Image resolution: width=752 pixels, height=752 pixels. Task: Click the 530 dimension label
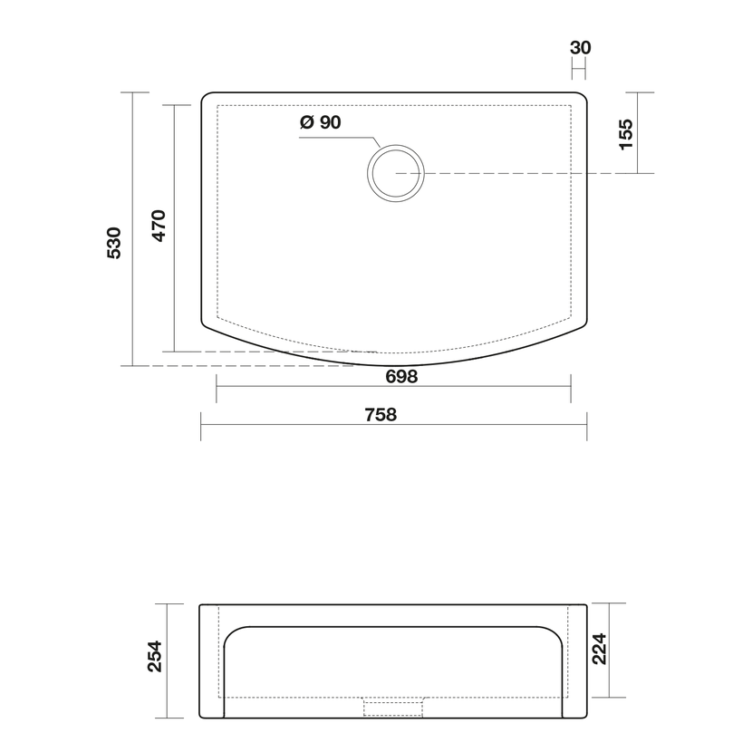pos(114,243)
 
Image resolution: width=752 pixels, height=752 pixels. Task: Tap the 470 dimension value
pos(159,226)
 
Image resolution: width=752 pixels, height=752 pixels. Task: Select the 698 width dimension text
pos(402,377)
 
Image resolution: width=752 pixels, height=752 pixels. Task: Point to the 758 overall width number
pos(381,414)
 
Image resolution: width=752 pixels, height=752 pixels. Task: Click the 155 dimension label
pos(626,134)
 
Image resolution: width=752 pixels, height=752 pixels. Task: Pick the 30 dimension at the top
pos(580,47)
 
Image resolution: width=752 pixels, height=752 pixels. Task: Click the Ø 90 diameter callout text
pos(321,122)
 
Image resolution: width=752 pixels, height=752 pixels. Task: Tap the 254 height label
pos(154,656)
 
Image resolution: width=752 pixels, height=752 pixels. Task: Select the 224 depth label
pos(600,649)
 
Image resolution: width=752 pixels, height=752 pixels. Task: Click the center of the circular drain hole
pos(396,173)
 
